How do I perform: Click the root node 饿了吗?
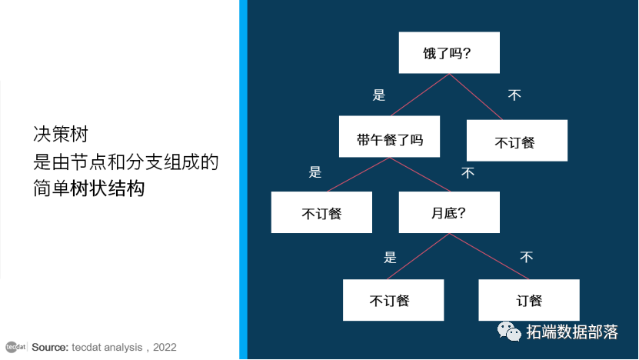point(449,53)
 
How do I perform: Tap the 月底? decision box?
point(449,212)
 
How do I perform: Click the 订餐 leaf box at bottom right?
point(528,300)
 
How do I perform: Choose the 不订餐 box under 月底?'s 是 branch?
point(393,300)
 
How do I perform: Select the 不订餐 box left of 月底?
point(321,212)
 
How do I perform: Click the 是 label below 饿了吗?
point(378,95)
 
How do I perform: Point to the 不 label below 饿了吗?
point(514,95)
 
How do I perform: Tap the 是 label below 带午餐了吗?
point(315,172)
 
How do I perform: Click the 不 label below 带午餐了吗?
point(468,173)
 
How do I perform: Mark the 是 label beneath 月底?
point(390,257)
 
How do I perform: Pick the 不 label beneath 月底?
point(526,257)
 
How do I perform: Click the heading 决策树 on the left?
point(62,134)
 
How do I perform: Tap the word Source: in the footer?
point(50,348)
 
